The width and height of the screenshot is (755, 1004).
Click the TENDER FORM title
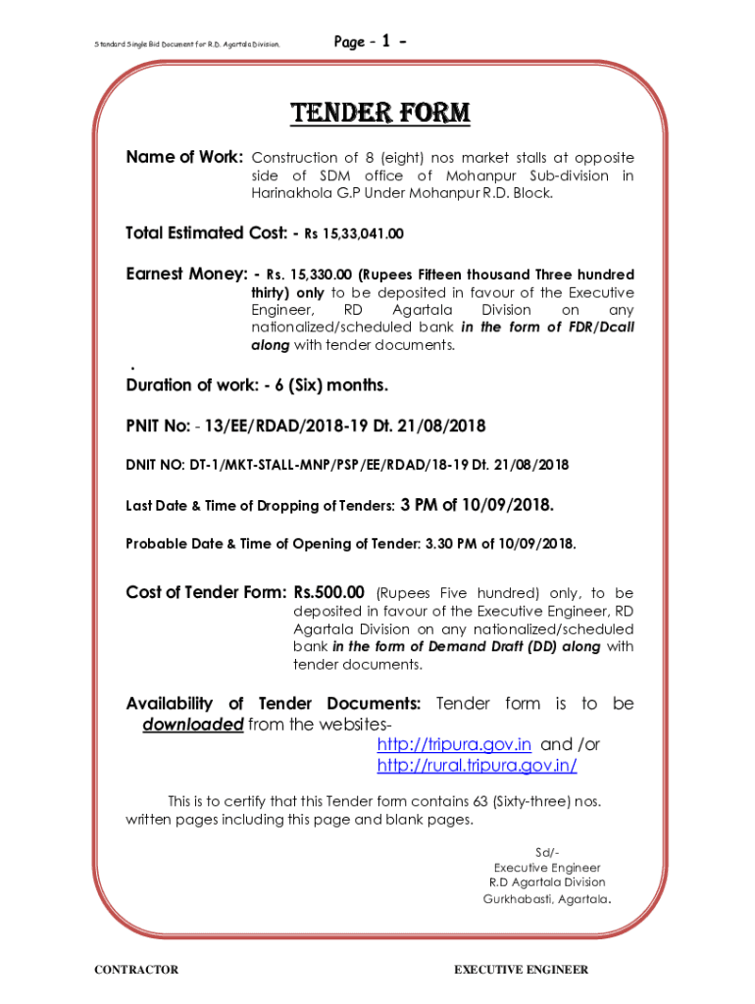[x=379, y=114]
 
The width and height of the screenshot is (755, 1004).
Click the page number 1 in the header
[x=386, y=41]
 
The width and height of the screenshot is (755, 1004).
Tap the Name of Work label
[x=184, y=157]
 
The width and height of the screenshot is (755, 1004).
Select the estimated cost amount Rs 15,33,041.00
[x=353, y=234]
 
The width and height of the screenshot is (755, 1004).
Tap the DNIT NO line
[x=347, y=464]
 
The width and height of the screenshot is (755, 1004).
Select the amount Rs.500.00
[x=328, y=592]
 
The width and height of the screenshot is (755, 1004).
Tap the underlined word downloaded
[x=192, y=725]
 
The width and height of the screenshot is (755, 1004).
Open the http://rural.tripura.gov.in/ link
[x=477, y=766]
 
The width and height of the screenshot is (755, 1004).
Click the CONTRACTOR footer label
[x=136, y=970]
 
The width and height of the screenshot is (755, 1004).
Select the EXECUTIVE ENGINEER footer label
[x=521, y=970]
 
